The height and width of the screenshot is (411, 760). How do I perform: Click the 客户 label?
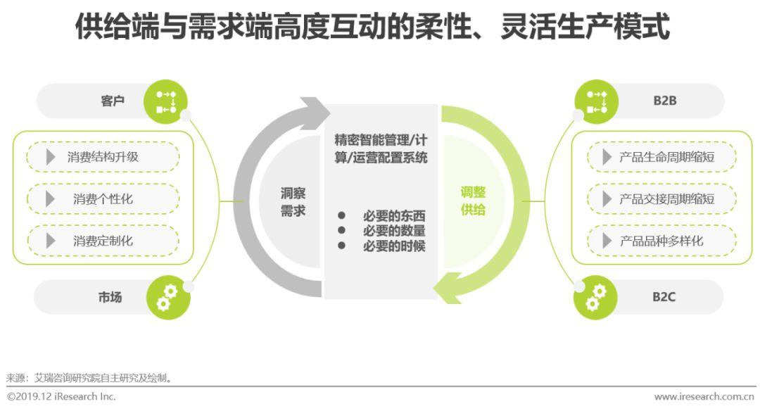coord(112,101)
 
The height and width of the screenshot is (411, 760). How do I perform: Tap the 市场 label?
coord(110,297)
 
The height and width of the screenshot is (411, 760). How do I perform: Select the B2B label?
coord(664,101)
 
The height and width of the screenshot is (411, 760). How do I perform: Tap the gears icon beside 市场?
coord(167,298)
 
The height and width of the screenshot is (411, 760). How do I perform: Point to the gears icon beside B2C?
coord(595,298)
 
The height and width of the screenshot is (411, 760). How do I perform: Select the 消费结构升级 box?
coord(103,157)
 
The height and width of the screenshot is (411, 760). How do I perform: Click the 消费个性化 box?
coord(103,199)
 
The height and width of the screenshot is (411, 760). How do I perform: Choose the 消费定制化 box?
coord(103,241)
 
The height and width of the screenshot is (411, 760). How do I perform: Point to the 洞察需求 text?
coord(293,202)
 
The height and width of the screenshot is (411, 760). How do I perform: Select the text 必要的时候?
coord(394,246)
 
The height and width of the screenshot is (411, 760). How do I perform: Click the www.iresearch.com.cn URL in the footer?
coord(704,398)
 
